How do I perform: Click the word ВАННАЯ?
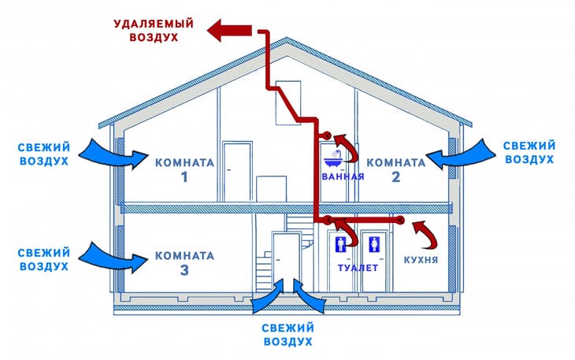[x=343, y=176]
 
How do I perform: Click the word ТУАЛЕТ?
[x=358, y=268]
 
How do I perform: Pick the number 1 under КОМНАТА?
[x=185, y=178]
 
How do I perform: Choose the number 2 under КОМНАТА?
[x=395, y=178]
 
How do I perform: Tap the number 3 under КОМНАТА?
[x=184, y=271]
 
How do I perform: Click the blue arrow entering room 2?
[x=457, y=154]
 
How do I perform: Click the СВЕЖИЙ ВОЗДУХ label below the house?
[x=288, y=334]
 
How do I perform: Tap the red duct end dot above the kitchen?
[x=401, y=219]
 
